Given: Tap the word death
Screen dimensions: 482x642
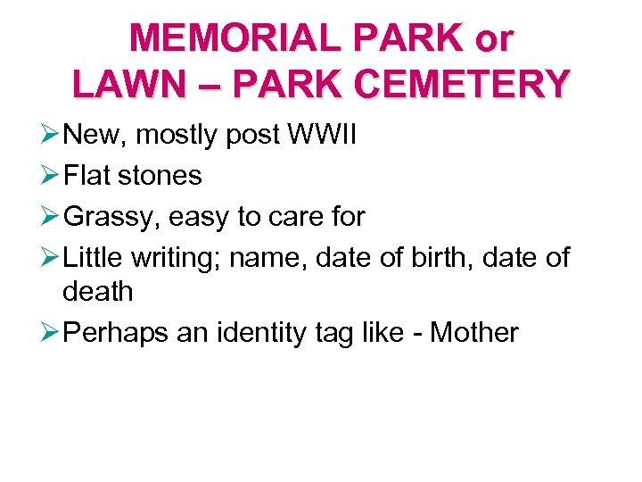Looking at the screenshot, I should tap(98, 292).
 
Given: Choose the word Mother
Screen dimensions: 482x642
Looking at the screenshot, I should tap(473, 333).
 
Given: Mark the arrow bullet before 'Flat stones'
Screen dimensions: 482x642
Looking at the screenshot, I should tap(51, 176).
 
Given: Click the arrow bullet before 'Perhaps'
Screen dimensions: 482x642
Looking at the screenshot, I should tap(51, 333).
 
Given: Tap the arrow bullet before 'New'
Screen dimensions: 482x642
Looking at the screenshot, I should tap(51, 136).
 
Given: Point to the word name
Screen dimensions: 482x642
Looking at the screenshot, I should tap(260, 258).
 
